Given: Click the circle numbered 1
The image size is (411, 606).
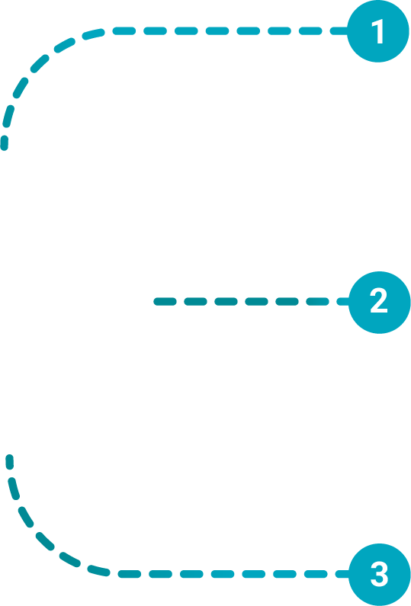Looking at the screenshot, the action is point(377,31).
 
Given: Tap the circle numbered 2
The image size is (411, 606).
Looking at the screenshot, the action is point(379,302).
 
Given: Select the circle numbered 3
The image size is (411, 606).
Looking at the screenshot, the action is point(379,574).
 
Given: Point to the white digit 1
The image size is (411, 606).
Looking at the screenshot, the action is point(377,31).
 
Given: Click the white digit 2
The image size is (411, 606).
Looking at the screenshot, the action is point(379,300).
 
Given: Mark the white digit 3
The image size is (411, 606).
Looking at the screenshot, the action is point(379,575).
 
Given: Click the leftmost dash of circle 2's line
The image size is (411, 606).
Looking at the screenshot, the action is point(165,302).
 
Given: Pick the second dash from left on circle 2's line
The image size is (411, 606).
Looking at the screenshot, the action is point(195,302).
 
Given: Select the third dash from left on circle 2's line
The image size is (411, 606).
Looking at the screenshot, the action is point(226,302).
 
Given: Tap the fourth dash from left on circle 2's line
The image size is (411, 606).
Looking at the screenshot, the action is point(256,302).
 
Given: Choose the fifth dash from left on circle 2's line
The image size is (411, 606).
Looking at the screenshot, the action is point(287,302).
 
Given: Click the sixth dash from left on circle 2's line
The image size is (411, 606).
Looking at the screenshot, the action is point(317,302).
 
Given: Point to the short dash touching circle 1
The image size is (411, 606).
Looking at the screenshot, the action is point(339,31).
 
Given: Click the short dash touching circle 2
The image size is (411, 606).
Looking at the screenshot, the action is point(342,302).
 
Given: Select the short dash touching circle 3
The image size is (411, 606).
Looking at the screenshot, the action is point(342,574).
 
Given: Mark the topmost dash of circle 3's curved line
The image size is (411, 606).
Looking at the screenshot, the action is point(10,462).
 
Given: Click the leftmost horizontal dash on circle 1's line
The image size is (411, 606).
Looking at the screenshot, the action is point(124,31).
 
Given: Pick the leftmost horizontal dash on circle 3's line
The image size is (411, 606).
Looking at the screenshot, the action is point(129,574).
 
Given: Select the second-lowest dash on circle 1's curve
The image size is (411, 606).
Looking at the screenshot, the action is point(8,116).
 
